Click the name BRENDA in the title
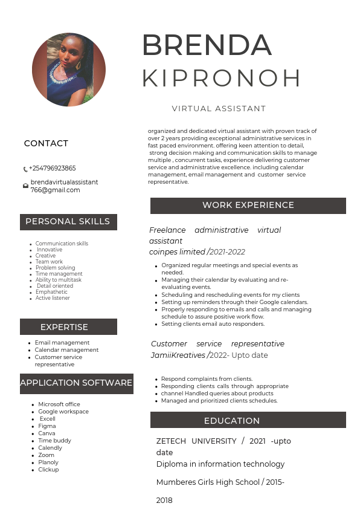(x=207, y=45)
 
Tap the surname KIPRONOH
(x=221, y=78)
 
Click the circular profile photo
(x=68, y=70)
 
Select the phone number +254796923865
(x=53, y=169)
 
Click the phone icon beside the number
(x=25, y=169)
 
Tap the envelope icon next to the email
(x=25, y=186)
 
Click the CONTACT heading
(x=46, y=143)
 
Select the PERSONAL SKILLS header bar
(x=68, y=222)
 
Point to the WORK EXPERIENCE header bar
(x=248, y=206)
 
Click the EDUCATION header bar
(x=248, y=420)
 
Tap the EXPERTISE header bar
(x=68, y=327)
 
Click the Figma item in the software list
(x=47, y=426)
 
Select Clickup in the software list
(x=48, y=470)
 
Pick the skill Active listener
(x=53, y=298)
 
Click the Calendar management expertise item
(x=66, y=350)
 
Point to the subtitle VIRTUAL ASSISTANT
(x=219, y=109)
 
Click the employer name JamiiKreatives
(x=178, y=355)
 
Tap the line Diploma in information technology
(x=220, y=464)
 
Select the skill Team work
(x=49, y=262)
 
